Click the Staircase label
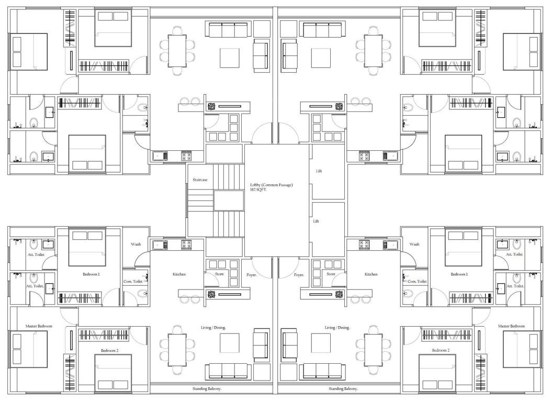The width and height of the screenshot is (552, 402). [200, 180]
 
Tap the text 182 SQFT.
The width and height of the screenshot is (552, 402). [261, 190]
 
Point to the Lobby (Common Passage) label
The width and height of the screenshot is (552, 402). [271, 185]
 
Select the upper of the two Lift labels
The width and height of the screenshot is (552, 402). [319, 171]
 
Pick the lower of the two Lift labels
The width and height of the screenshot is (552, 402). [316, 221]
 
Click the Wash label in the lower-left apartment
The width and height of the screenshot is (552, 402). [136, 244]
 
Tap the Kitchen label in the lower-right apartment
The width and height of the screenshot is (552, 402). [371, 274]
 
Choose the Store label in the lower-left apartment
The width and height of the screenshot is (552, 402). [220, 274]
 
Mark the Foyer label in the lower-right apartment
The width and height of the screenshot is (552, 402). [299, 274]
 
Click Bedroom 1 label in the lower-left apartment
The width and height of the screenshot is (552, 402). [91, 274]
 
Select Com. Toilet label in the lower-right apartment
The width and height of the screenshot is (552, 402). [418, 281]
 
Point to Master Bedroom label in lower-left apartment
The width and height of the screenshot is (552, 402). [39, 326]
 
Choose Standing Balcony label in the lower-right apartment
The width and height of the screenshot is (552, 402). [343, 388]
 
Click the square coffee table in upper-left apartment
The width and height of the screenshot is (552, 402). [229, 58]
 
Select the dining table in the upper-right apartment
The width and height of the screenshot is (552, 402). [374, 50]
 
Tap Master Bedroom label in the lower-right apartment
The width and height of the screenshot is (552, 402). [511, 326]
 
